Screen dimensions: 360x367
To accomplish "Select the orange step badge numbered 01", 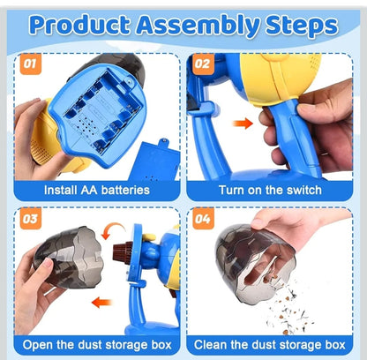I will coord(29,64).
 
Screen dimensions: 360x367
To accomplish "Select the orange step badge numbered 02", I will coord(203,64).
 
